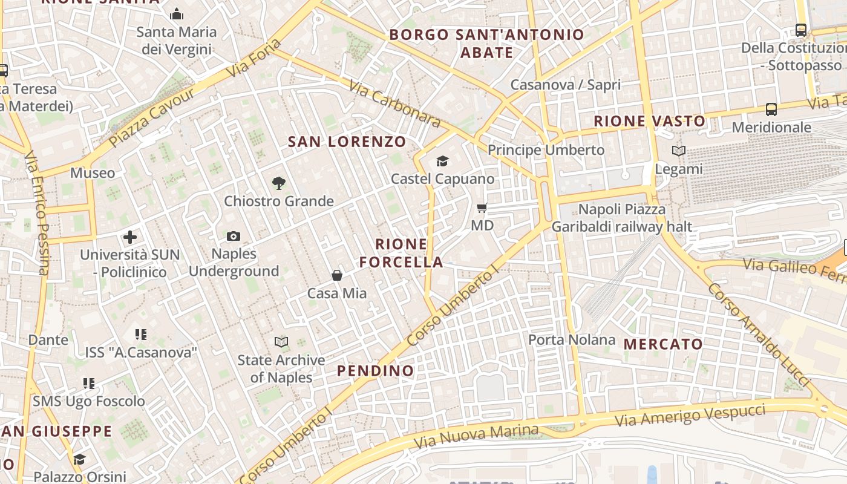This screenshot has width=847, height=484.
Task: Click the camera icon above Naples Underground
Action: [234, 236]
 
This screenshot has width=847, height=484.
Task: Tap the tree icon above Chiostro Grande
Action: [278, 183]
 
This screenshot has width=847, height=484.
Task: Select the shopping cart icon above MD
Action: [482, 208]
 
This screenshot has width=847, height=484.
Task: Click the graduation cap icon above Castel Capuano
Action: [443, 161]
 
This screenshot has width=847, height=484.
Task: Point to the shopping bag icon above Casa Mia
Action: [337, 275]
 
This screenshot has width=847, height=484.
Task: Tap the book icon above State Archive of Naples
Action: [281, 342]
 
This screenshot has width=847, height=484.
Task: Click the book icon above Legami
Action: [679, 151]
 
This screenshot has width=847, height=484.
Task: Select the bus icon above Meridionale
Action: [771, 110]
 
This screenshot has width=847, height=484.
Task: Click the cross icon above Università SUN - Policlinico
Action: [130, 237]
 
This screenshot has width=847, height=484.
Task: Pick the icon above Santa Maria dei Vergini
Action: [177, 13]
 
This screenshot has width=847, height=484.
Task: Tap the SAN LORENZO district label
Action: [347, 142]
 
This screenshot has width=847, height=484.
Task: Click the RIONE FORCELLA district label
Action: [402, 253]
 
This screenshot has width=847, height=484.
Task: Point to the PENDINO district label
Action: [376, 371]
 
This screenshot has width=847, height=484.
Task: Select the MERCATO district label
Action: [664, 344]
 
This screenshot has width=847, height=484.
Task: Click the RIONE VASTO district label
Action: [650, 121]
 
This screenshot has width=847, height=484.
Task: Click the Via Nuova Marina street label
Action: [476, 436]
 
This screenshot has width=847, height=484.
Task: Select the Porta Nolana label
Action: [572, 340]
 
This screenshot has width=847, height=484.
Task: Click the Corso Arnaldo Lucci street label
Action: [759, 335]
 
